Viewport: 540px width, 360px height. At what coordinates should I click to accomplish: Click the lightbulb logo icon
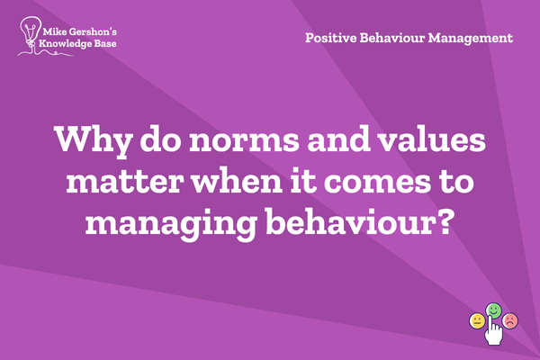[31, 34]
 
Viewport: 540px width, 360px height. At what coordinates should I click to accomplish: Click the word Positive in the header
[331, 38]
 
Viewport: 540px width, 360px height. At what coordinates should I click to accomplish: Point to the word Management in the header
[471, 39]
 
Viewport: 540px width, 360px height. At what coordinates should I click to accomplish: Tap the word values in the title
[431, 139]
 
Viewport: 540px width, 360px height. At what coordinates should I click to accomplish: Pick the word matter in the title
[124, 181]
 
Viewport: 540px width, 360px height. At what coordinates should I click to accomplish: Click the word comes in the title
[377, 183]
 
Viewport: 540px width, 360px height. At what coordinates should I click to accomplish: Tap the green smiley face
[493, 310]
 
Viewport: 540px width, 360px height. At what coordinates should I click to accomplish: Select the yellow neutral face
[477, 321]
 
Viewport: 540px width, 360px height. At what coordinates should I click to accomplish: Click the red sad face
[510, 320]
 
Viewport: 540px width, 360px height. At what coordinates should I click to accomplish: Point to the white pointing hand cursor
[493, 329]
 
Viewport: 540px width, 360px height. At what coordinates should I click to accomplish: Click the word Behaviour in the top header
[392, 38]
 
